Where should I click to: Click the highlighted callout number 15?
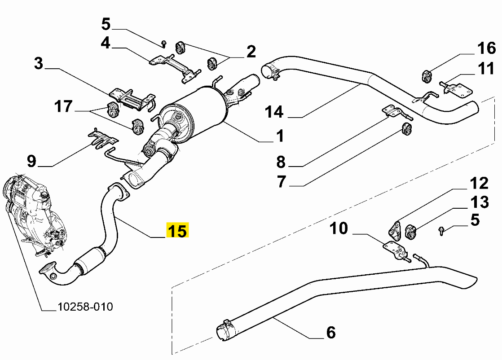tap(178, 231)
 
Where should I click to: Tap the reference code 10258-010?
tap(85, 307)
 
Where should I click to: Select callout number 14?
tap(274, 112)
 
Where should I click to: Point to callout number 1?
tap(280, 136)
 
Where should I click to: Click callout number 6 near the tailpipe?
tap(330, 333)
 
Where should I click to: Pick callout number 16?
tap(486, 48)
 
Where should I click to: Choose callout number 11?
tap(486, 70)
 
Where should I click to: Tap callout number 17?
tap(63, 107)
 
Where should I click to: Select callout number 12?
tap(479, 183)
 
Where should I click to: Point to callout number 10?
tap(339, 228)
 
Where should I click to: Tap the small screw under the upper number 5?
tap(164, 44)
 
